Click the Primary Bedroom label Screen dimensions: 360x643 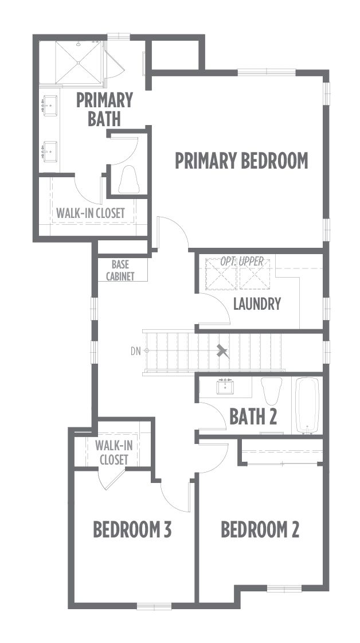pos(241,161)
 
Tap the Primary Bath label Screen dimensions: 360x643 pos(104,109)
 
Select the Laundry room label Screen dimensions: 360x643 pos(257,304)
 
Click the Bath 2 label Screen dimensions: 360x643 pos(253,416)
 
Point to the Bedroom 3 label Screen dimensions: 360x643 pos(132,529)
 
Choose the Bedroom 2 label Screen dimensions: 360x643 pos(260,529)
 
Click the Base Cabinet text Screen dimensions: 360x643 pos(120,271)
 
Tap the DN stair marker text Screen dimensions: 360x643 pos(136,351)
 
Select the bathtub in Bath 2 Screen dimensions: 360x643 pos(307,406)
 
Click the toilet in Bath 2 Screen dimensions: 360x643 pos(272,391)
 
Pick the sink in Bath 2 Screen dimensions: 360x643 pos(225,387)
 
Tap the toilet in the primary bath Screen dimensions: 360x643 pos(129,180)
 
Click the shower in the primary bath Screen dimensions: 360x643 pos(79,63)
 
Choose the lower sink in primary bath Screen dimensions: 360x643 pos(49,151)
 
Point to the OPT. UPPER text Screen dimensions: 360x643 pos(242,262)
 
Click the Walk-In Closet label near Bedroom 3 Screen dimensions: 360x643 pos(114,453)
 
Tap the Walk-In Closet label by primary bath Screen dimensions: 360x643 pos(90,213)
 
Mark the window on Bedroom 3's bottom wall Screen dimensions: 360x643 pos(154,606)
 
